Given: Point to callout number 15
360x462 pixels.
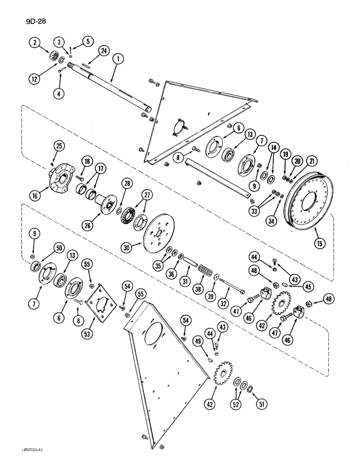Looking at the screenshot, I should coord(318,241).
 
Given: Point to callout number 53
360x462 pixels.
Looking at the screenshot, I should coord(97,331).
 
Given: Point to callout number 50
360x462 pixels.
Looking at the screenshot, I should coord(47,249).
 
